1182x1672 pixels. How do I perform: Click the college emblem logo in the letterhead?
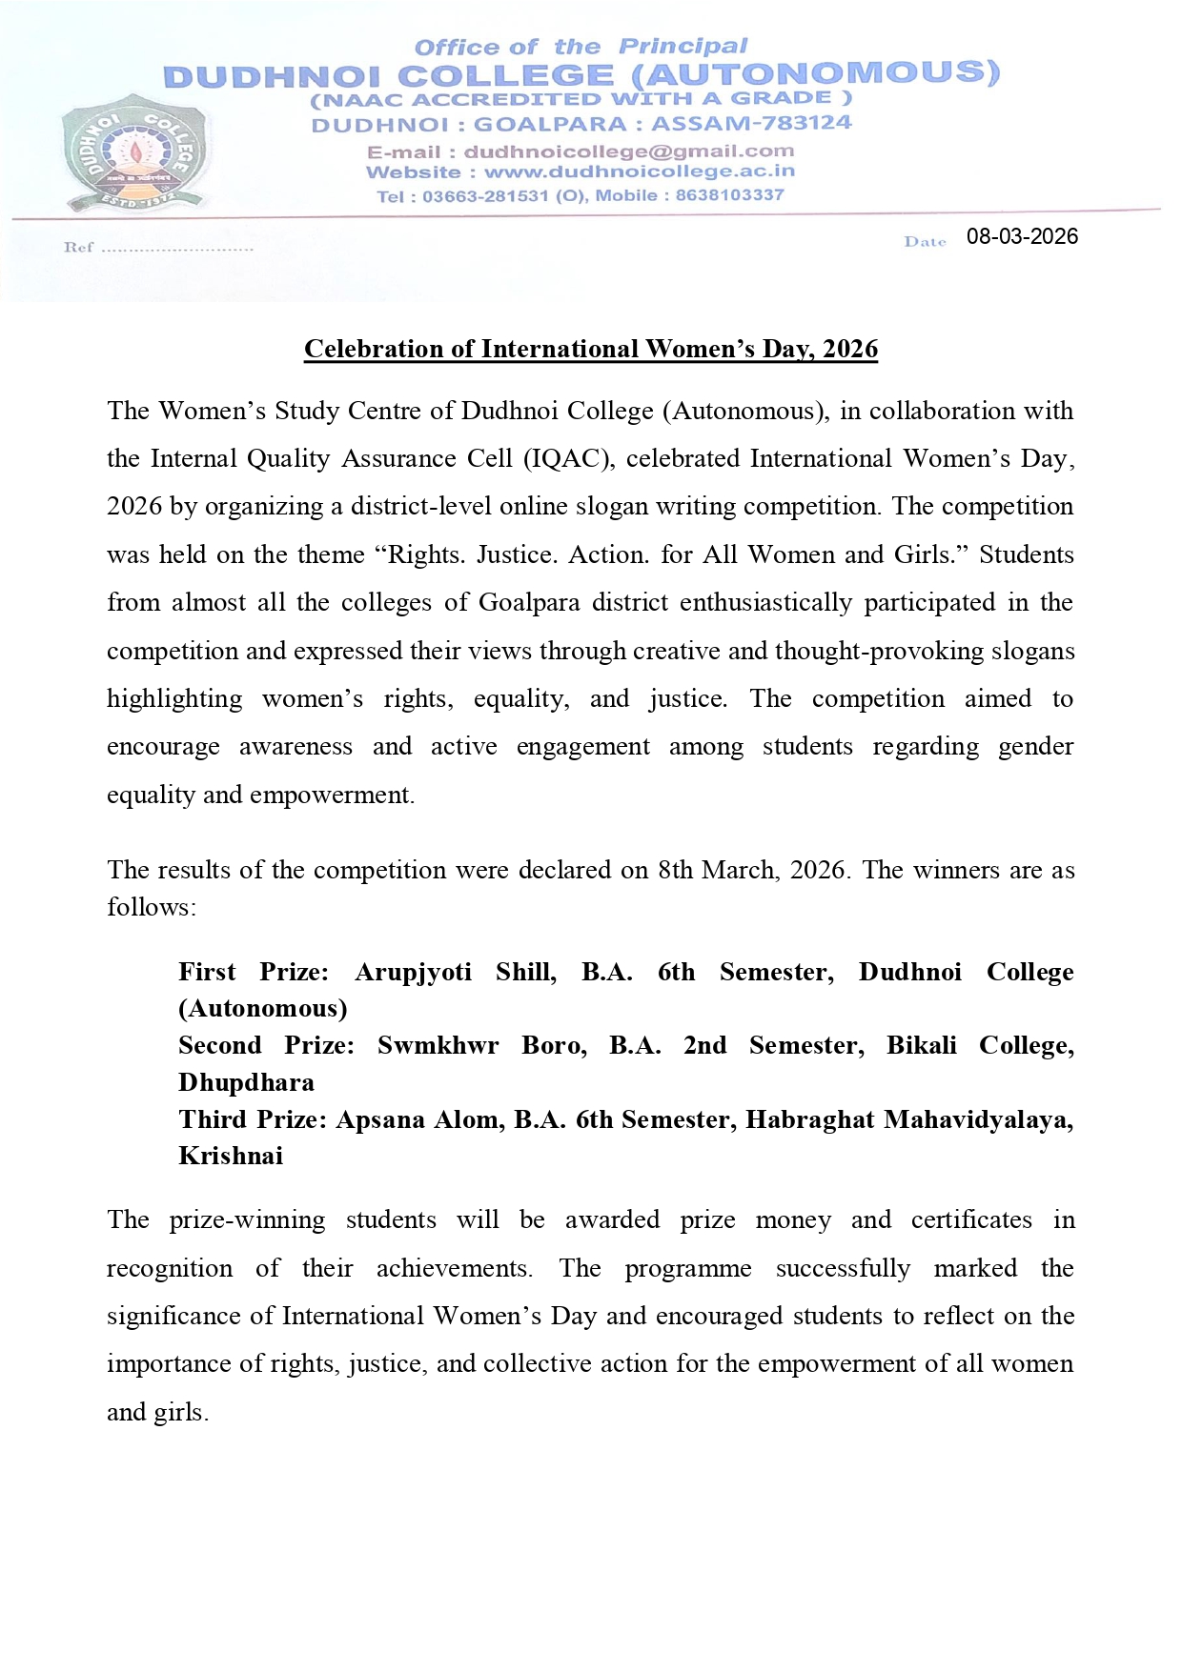pyautogui.click(x=132, y=152)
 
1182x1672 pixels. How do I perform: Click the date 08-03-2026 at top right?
pyautogui.click(x=1022, y=237)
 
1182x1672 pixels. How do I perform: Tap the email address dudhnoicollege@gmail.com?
pyautogui.click(x=628, y=151)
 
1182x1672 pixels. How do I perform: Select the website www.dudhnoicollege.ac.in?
pyautogui.click(x=640, y=172)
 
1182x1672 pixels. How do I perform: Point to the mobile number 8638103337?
pyautogui.click(x=729, y=195)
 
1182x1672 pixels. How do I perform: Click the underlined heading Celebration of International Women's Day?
pyautogui.click(x=590, y=349)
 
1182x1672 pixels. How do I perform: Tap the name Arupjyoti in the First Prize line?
pyautogui.click(x=413, y=972)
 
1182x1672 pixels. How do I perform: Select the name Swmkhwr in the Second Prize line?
pyautogui.click(x=438, y=1045)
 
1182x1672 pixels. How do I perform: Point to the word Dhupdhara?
pyautogui.click(x=246, y=1082)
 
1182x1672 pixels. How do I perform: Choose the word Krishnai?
pyautogui.click(x=231, y=1156)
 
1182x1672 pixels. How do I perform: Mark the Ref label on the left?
pyautogui.click(x=78, y=248)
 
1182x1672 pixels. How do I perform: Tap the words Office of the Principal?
pyautogui.click(x=581, y=47)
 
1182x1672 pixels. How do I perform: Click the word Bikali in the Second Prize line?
pyautogui.click(x=921, y=1045)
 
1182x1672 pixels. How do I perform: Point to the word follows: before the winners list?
pyautogui.click(x=152, y=907)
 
